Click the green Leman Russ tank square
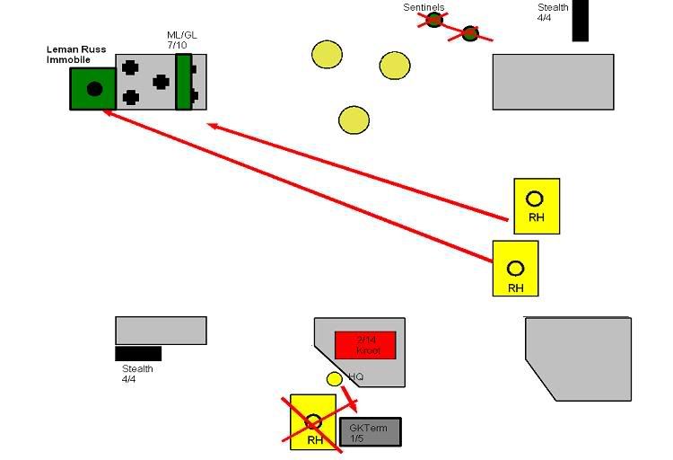click(93, 88)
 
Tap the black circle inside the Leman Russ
click(94, 88)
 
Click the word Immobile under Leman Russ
click(68, 60)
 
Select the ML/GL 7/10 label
click(182, 40)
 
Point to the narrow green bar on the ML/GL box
click(183, 82)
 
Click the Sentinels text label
click(424, 7)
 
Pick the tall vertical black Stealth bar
click(580, 20)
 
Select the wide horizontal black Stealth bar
click(138, 353)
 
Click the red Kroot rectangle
click(365, 345)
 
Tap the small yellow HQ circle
click(334, 379)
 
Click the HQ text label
click(355, 376)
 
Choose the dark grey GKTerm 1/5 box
click(370, 432)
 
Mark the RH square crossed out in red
click(312, 421)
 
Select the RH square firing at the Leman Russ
click(516, 268)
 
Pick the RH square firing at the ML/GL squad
click(537, 206)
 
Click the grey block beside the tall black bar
click(553, 82)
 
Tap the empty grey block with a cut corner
click(578, 358)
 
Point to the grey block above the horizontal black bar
click(161, 330)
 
